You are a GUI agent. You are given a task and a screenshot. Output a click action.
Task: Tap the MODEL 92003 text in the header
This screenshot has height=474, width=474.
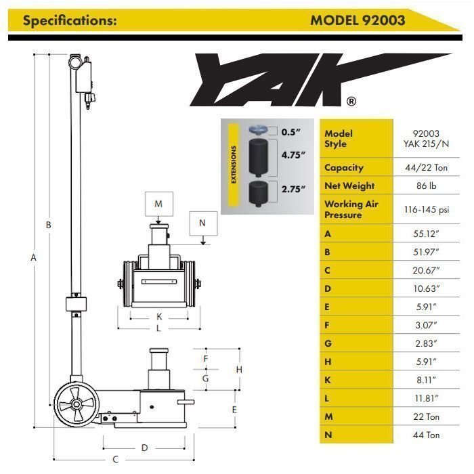point(358,20)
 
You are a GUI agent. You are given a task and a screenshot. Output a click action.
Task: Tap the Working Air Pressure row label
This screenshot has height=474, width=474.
point(351,209)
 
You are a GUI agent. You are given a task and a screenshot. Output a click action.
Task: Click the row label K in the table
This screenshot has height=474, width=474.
point(328,380)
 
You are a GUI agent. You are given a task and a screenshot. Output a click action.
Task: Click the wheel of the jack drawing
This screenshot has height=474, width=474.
point(76,406)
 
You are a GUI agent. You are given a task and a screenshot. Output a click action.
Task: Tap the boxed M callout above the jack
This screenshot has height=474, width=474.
point(158,204)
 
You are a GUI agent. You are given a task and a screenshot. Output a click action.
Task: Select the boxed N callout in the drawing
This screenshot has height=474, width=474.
point(202,221)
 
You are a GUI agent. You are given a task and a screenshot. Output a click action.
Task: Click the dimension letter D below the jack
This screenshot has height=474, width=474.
point(144,448)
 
